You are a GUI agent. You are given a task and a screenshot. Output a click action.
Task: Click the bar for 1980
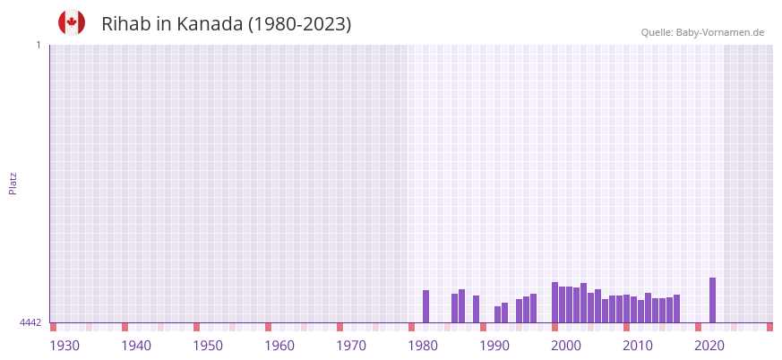[x=425, y=306]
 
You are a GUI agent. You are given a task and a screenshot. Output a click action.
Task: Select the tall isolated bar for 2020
[x=712, y=300]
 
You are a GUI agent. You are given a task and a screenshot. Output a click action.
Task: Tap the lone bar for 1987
[x=476, y=309]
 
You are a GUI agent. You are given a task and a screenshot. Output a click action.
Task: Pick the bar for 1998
[x=554, y=303]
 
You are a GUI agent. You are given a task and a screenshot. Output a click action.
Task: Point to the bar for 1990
[x=497, y=314]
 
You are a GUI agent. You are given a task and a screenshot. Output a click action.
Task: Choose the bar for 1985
[x=461, y=306]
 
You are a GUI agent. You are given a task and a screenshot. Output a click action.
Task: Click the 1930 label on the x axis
[x=64, y=346]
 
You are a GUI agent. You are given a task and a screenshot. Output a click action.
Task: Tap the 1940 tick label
[x=136, y=346]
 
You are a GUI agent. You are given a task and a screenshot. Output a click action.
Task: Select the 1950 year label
[x=208, y=346]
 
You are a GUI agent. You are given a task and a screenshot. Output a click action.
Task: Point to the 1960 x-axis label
[x=279, y=346]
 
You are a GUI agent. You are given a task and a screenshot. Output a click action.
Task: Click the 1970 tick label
[x=351, y=346]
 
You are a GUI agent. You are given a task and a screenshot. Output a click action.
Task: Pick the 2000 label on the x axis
[x=566, y=346]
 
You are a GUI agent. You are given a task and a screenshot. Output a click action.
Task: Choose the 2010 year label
[x=638, y=346]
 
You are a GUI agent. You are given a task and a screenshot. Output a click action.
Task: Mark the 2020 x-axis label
[x=709, y=346]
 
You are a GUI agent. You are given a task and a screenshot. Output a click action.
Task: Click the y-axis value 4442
[x=30, y=322]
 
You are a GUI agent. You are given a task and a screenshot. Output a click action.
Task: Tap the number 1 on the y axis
[x=39, y=45]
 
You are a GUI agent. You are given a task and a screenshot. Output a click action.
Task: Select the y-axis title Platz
[x=13, y=183]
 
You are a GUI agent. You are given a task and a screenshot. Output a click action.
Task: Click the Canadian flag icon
[x=72, y=22]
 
